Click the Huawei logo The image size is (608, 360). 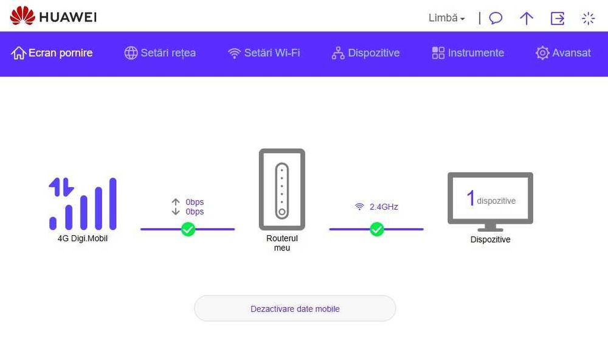pyautogui.click(x=53, y=16)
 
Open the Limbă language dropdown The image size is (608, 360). pyautogui.click(x=446, y=18)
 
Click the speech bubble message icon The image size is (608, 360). pyautogui.click(x=496, y=18)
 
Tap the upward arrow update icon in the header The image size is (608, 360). pyautogui.click(x=526, y=18)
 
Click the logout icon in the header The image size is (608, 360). pyautogui.click(x=558, y=18)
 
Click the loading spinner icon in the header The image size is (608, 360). pyautogui.click(x=588, y=18)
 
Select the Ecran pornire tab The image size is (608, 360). pyautogui.click(x=52, y=53)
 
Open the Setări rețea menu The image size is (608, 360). pyautogui.click(x=160, y=53)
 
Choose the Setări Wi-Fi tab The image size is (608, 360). pyautogui.click(x=264, y=53)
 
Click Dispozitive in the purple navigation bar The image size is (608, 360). pyautogui.click(x=365, y=53)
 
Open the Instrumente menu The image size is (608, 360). pyautogui.click(x=468, y=53)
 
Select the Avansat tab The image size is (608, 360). pyautogui.click(x=563, y=53)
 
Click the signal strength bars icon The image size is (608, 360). pyautogui.click(x=83, y=204)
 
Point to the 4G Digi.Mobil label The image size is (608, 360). pyautogui.click(x=83, y=238)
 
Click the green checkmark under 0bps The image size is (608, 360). pyautogui.click(x=188, y=229)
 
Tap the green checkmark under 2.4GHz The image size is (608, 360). pyautogui.click(x=376, y=229)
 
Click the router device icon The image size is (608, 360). pyautogui.click(x=282, y=189)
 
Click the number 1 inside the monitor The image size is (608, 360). pyautogui.click(x=471, y=198)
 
